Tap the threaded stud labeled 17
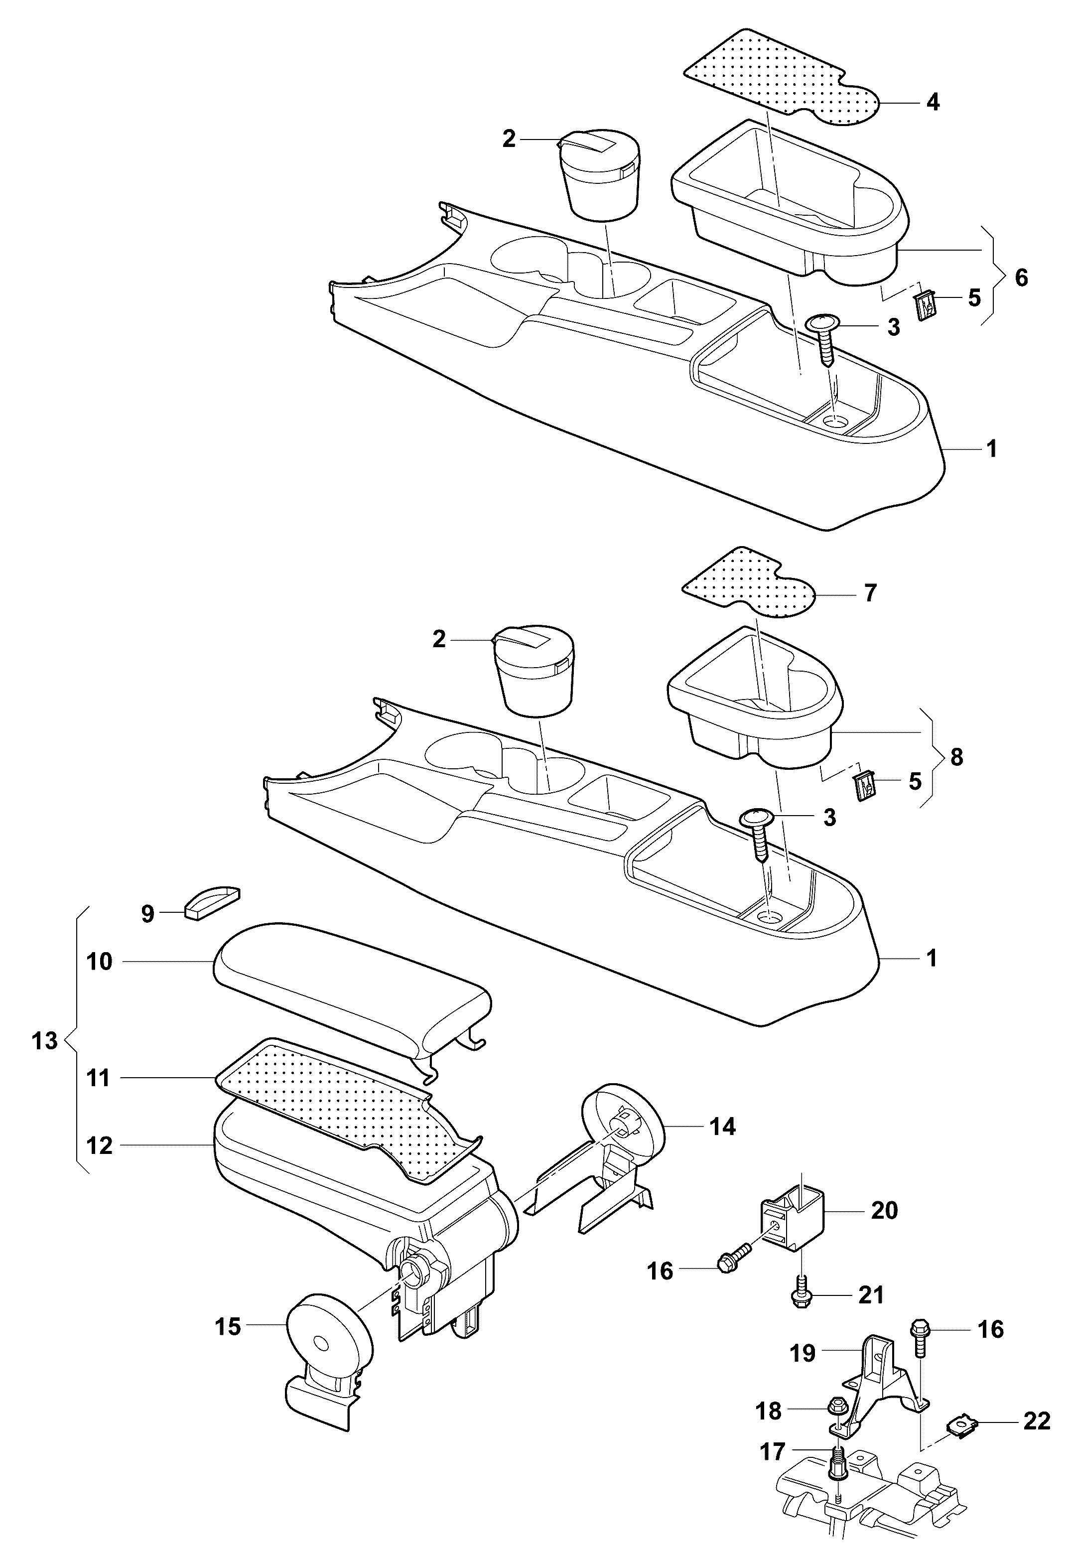(839, 1455)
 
